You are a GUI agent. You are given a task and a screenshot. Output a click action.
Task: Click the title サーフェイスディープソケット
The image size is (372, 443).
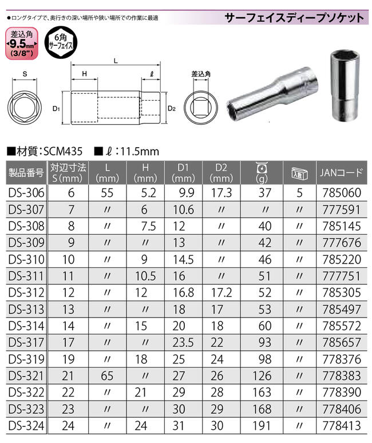coord(295,17)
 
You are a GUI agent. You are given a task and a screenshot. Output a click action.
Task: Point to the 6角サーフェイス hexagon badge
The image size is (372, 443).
coord(59,45)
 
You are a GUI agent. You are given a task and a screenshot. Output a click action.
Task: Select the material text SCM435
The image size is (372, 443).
coord(60,152)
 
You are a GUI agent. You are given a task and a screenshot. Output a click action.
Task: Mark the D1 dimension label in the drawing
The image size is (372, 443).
coord(56,108)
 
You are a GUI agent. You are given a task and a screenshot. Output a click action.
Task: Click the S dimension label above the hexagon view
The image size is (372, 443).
coord(25,74)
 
